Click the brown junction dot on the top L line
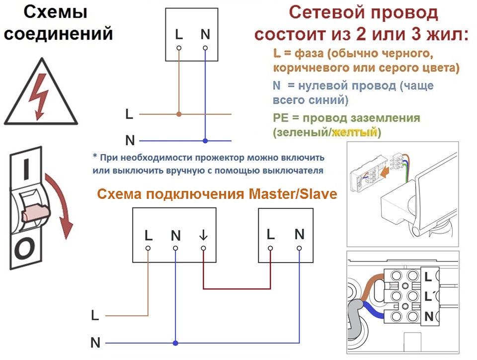pyautogui.click(x=179, y=114)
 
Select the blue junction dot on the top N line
pyautogui.click(x=205, y=141)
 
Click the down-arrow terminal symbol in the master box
pyautogui.click(x=203, y=235)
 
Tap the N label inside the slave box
pyautogui.click(x=299, y=234)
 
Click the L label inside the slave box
pyautogui.click(x=270, y=234)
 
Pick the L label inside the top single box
pyautogui.click(x=179, y=34)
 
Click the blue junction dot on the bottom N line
pyautogui.click(x=175, y=343)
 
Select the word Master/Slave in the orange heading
pyautogui.click(x=293, y=194)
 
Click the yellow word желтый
pyautogui.click(x=354, y=133)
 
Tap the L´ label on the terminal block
pyautogui.click(x=428, y=296)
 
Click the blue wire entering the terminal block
pyautogui.click(x=373, y=310)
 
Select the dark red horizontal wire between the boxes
pyautogui.click(x=237, y=288)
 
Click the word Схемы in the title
pyautogui.click(x=55, y=12)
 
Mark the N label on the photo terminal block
pyautogui.click(x=429, y=316)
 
